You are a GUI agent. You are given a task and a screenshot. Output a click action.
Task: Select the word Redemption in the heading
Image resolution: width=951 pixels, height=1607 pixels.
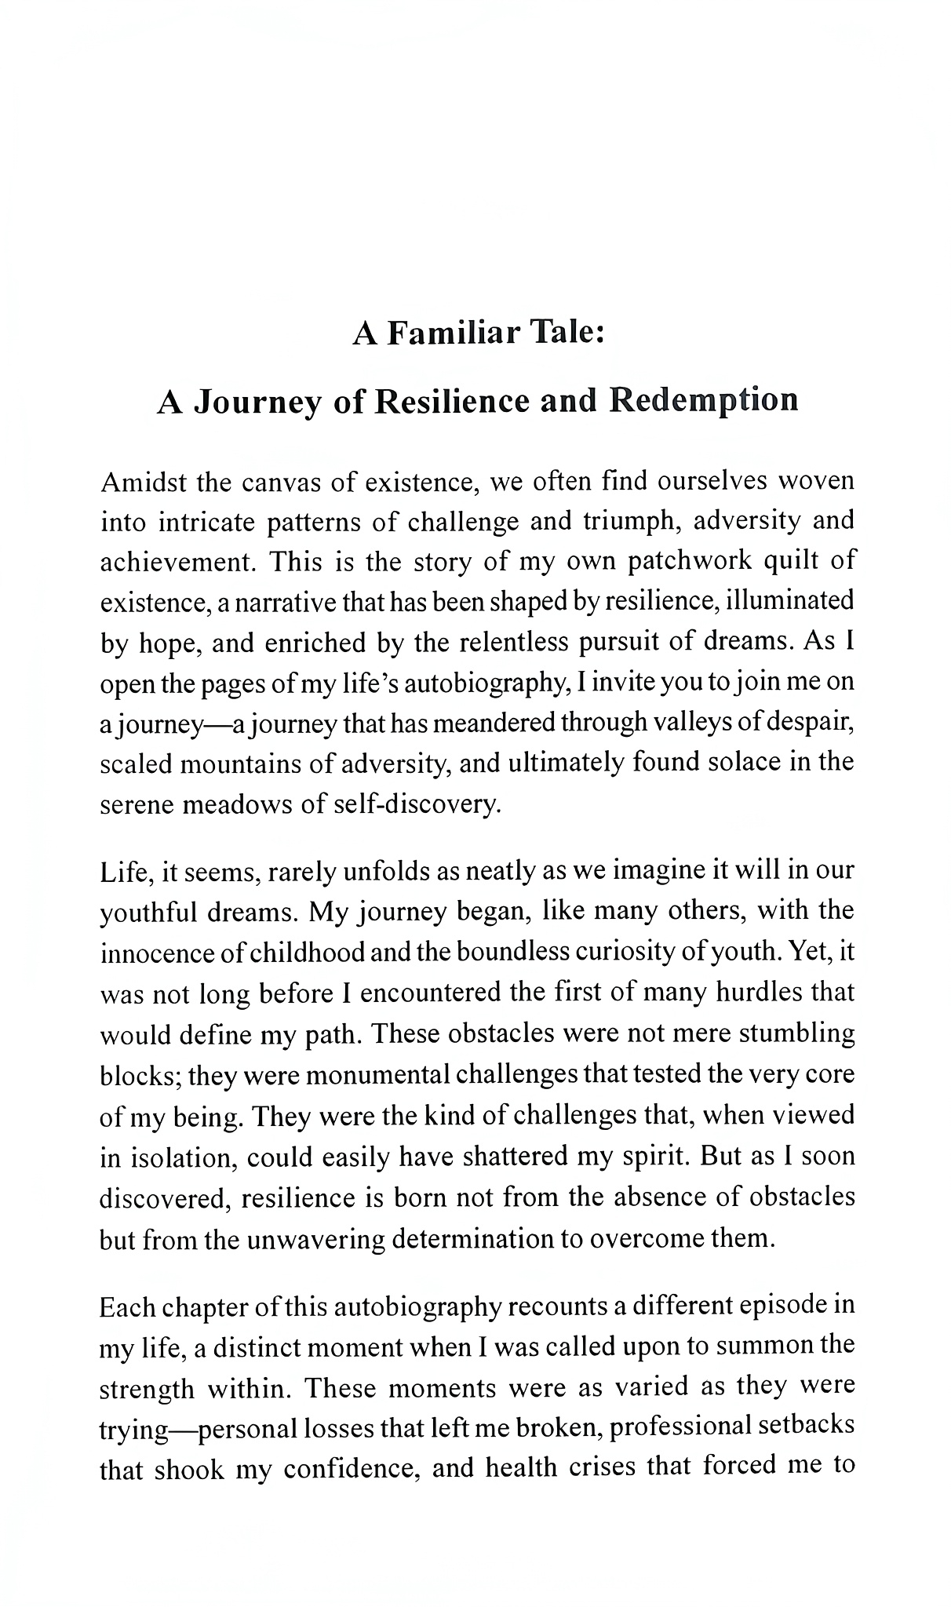click(704, 400)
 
